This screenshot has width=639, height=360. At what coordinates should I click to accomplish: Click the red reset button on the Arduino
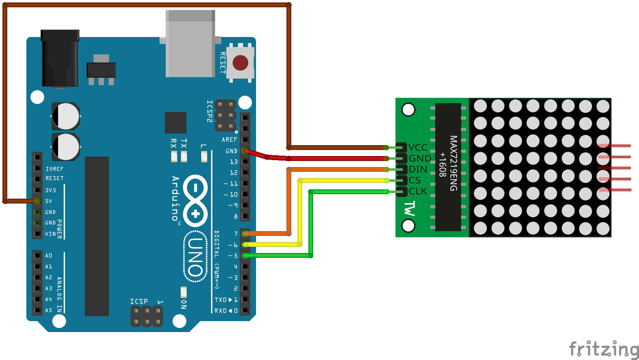click(x=240, y=63)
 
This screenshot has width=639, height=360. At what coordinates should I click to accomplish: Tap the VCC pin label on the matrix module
click(x=418, y=147)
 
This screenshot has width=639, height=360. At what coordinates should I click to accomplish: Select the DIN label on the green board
click(x=418, y=169)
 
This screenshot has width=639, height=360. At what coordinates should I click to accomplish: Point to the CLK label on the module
click(x=418, y=191)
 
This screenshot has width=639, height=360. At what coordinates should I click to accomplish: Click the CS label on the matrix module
click(x=415, y=180)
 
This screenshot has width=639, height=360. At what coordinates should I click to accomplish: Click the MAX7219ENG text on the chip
click(x=453, y=163)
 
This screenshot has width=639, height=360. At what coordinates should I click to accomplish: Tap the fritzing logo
click(x=604, y=349)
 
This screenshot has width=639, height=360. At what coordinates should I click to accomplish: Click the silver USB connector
click(x=190, y=44)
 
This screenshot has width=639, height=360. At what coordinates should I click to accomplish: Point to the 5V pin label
click(x=49, y=201)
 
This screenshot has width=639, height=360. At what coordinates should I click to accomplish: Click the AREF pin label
click(x=229, y=139)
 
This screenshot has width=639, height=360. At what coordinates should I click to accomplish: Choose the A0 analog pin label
click(x=49, y=255)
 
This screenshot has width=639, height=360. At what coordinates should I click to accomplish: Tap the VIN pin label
click(x=50, y=234)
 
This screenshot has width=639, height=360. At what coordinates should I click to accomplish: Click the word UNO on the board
click(x=196, y=256)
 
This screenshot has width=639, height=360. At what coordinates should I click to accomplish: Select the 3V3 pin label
click(x=50, y=190)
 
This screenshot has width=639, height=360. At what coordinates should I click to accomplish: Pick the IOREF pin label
click(x=54, y=169)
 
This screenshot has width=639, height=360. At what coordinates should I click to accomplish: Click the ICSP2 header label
click(x=209, y=111)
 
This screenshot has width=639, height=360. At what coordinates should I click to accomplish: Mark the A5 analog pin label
click(x=49, y=310)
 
